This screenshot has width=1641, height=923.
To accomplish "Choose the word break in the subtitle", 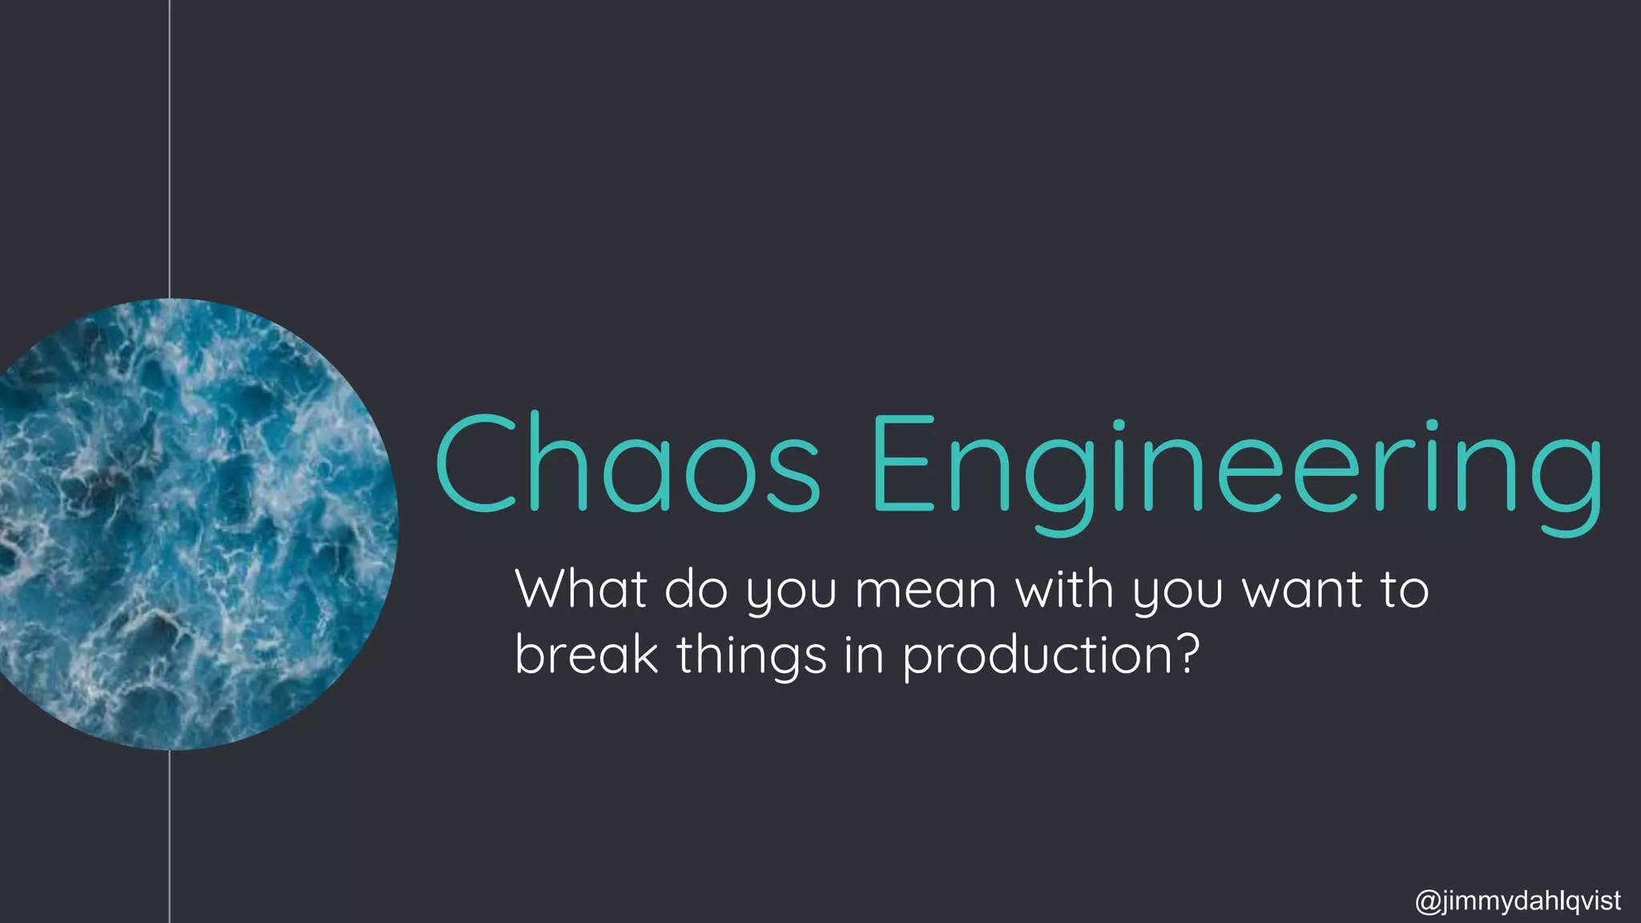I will [586, 655].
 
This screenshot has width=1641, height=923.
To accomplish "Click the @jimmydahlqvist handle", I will [1518, 901].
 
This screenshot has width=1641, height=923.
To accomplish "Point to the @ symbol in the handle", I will [1428, 901].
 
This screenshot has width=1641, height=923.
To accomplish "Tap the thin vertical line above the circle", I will [170, 144].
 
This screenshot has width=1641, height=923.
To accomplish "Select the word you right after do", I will [791, 593].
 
